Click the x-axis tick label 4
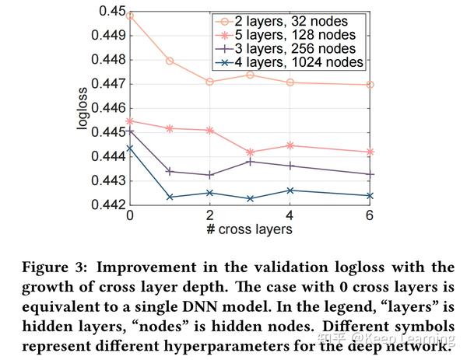click(290, 215)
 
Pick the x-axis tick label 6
click(370, 215)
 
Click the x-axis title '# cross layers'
click(249, 230)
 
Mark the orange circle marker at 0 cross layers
click(129, 16)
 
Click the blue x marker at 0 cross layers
click(129, 148)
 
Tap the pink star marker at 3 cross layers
click(250, 152)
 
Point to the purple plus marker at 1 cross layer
click(170, 172)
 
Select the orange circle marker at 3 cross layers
click(250, 75)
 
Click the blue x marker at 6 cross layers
click(370, 196)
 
